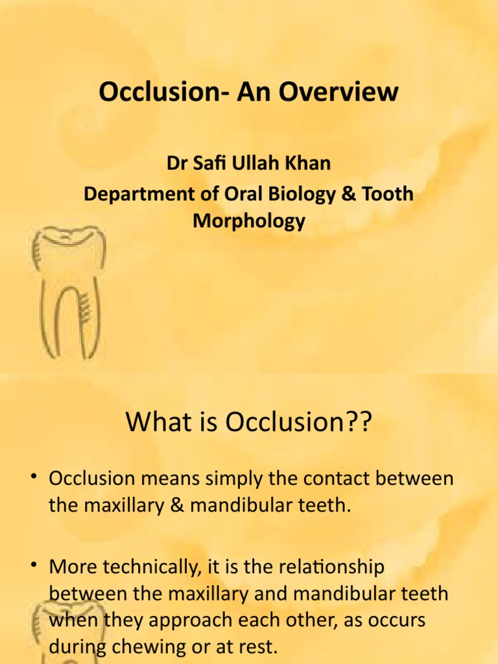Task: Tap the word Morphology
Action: coord(249,222)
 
